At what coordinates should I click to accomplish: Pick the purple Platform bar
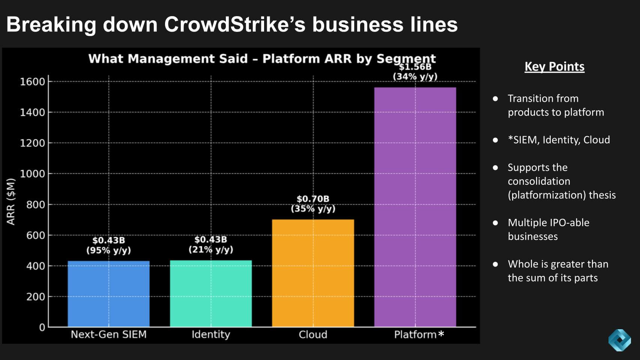tap(415, 207)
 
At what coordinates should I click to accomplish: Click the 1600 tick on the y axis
tap(32, 81)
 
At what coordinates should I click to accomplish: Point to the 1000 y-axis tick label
tap(32, 174)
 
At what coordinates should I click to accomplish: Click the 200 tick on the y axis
tap(36, 297)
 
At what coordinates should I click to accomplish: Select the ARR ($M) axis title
tap(11, 202)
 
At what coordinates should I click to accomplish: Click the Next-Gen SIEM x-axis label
tap(108, 334)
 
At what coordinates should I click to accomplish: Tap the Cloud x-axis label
tap(313, 334)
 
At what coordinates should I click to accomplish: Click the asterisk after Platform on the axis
tap(441, 333)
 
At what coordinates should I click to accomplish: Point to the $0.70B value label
tap(313, 199)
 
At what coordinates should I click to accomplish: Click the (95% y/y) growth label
tap(108, 250)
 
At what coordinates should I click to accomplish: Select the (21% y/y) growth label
tap(210, 249)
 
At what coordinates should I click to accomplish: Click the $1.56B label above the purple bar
tap(415, 67)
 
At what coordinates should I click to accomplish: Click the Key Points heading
tap(554, 66)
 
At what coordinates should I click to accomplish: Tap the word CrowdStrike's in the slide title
tap(234, 24)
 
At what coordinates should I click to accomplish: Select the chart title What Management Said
tap(168, 59)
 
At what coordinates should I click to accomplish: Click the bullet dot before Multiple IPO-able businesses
tap(495, 223)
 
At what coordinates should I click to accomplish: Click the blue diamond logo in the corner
tap(619, 340)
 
